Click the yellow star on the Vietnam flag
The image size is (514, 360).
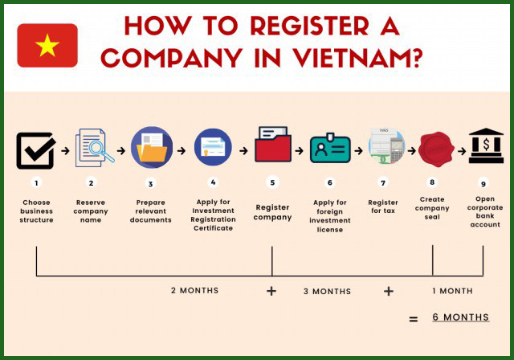point(47,46)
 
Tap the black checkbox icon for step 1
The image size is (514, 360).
point(36,150)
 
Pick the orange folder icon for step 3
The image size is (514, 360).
point(151,149)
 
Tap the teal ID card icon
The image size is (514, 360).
point(330,149)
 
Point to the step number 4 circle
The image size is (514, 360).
point(213,182)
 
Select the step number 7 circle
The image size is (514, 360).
point(383,182)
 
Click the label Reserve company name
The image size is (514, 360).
point(91,211)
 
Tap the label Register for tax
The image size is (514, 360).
point(383,207)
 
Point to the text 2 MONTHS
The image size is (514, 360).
point(194,290)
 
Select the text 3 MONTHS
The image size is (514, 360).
point(327,291)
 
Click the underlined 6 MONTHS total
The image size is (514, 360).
point(460,317)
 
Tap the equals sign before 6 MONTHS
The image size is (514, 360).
point(414,319)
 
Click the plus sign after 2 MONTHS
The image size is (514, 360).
point(271,291)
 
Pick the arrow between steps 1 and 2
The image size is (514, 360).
point(63,150)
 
